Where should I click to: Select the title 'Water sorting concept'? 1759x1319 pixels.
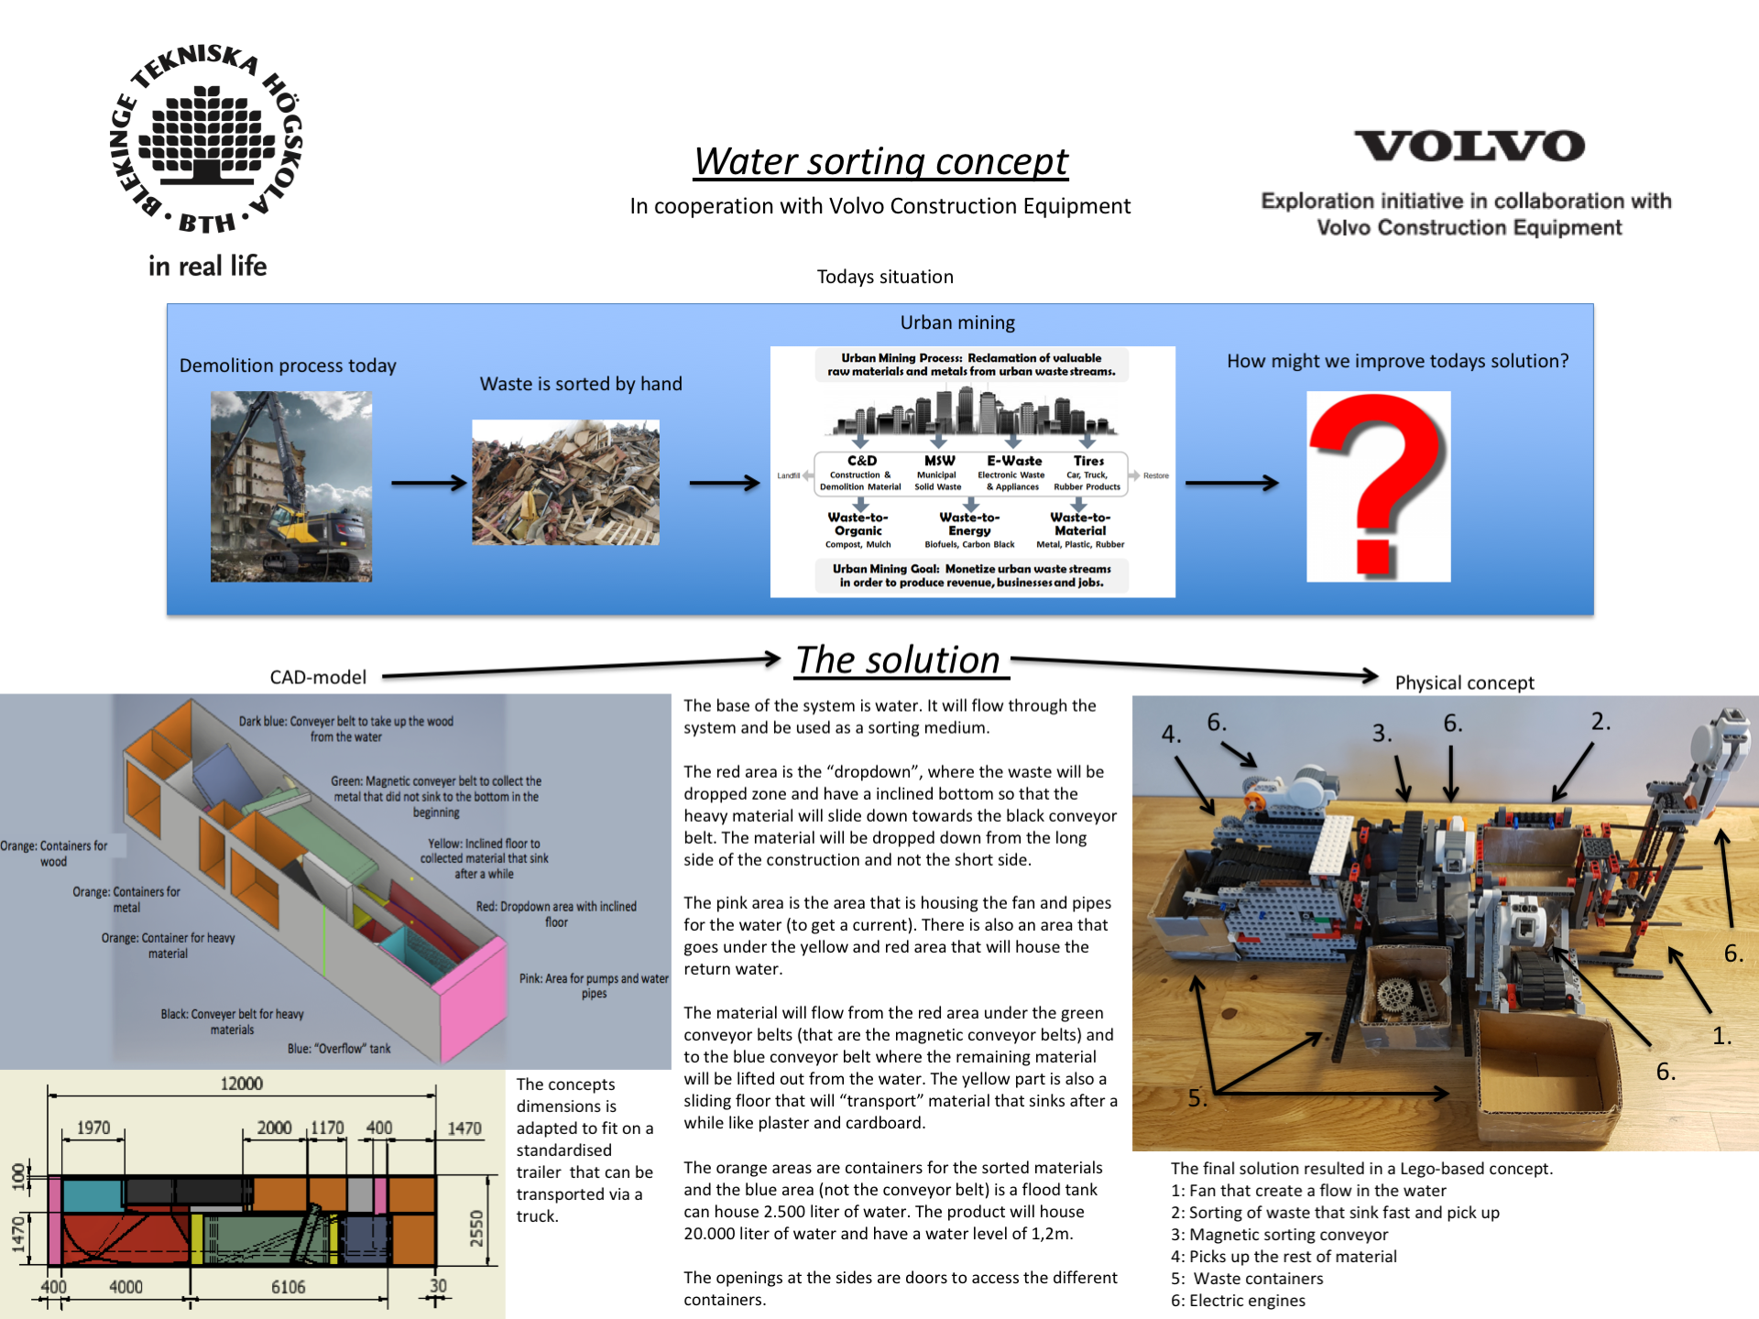[880, 161]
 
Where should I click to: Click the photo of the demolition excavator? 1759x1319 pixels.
[291, 486]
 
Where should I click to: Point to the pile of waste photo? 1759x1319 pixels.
[565, 483]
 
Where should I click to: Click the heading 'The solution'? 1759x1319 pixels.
[898, 660]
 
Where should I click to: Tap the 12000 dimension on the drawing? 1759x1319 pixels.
[242, 1084]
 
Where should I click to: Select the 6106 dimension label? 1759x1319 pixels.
[289, 1287]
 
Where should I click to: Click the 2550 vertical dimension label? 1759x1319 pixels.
[476, 1228]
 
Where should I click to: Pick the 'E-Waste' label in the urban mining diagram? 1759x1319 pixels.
[1014, 461]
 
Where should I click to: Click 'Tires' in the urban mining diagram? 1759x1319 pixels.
[1089, 461]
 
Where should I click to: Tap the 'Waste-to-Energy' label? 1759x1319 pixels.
[969, 524]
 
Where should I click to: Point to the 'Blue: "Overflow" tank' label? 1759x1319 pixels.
[339, 1049]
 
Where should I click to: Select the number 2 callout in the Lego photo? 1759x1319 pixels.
[1601, 721]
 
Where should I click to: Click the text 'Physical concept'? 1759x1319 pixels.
[1464, 682]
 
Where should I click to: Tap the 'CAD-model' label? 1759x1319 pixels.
[318, 677]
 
